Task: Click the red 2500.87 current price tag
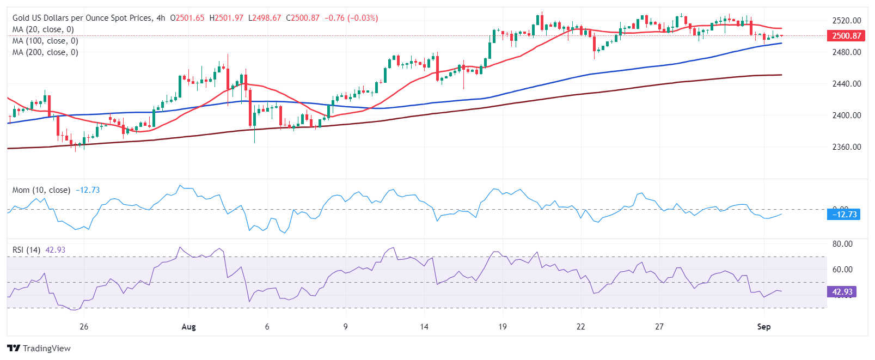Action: tap(847, 36)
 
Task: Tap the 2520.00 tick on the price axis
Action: tap(847, 21)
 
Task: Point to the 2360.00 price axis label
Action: tap(847, 147)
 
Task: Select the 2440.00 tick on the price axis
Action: tap(847, 84)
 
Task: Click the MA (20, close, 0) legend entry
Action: tap(43, 29)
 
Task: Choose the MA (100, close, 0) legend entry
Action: tap(45, 41)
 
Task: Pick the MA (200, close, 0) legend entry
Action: tap(45, 52)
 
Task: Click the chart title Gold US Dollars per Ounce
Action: tap(82, 18)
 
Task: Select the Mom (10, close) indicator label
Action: tap(41, 190)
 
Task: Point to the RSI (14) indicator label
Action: tap(26, 250)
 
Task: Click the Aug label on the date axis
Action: tap(188, 327)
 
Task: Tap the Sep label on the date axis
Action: tap(764, 327)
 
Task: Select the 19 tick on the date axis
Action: tap(503, 327)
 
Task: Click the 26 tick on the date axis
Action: tap(84, 327)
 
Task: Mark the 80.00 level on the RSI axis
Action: tap(842, 244)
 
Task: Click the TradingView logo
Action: tap(39, 349)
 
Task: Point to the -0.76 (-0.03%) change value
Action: tap(351, 18)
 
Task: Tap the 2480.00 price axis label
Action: tap(847, 52)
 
